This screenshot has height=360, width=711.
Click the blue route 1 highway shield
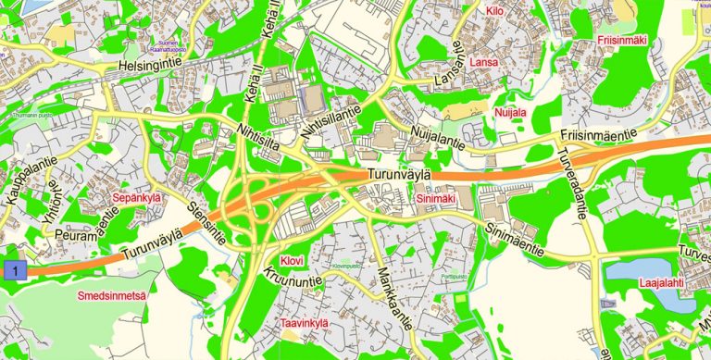[12, 270]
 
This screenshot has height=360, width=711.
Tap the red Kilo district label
[494, 12]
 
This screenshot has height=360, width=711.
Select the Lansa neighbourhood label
[484, 62]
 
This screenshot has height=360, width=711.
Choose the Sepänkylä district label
[137, 198]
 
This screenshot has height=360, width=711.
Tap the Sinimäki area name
[436, 198]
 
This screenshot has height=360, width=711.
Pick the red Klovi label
[292, 262]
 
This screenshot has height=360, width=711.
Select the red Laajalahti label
[662, 283]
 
